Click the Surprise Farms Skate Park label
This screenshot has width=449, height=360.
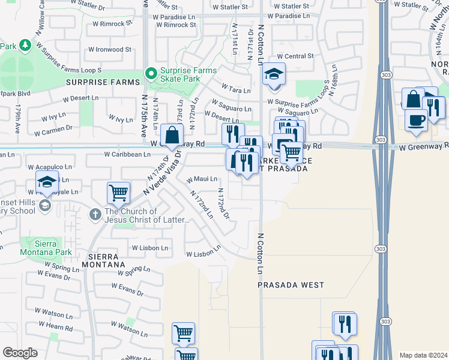coord(188,75)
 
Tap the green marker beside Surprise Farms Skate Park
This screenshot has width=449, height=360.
coord(151,75)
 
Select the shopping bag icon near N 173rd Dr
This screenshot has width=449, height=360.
coord(172,136)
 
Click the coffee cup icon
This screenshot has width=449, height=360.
coord(415,119)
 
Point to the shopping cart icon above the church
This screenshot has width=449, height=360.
coord(118,193)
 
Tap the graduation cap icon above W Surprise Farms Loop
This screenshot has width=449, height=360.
coord(274,74)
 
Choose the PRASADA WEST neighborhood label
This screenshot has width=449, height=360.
coord(291,286)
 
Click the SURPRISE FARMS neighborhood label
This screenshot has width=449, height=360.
coord(98,82)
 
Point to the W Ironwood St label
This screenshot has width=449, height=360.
coord(110,50)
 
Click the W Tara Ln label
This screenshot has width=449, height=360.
coord(236,90)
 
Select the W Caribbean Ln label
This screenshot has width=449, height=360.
coord(127,155)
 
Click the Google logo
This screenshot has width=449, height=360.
coord(20,353)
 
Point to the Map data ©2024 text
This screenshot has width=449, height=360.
coord(423,355)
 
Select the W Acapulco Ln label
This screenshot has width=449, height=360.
coord(53,167)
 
